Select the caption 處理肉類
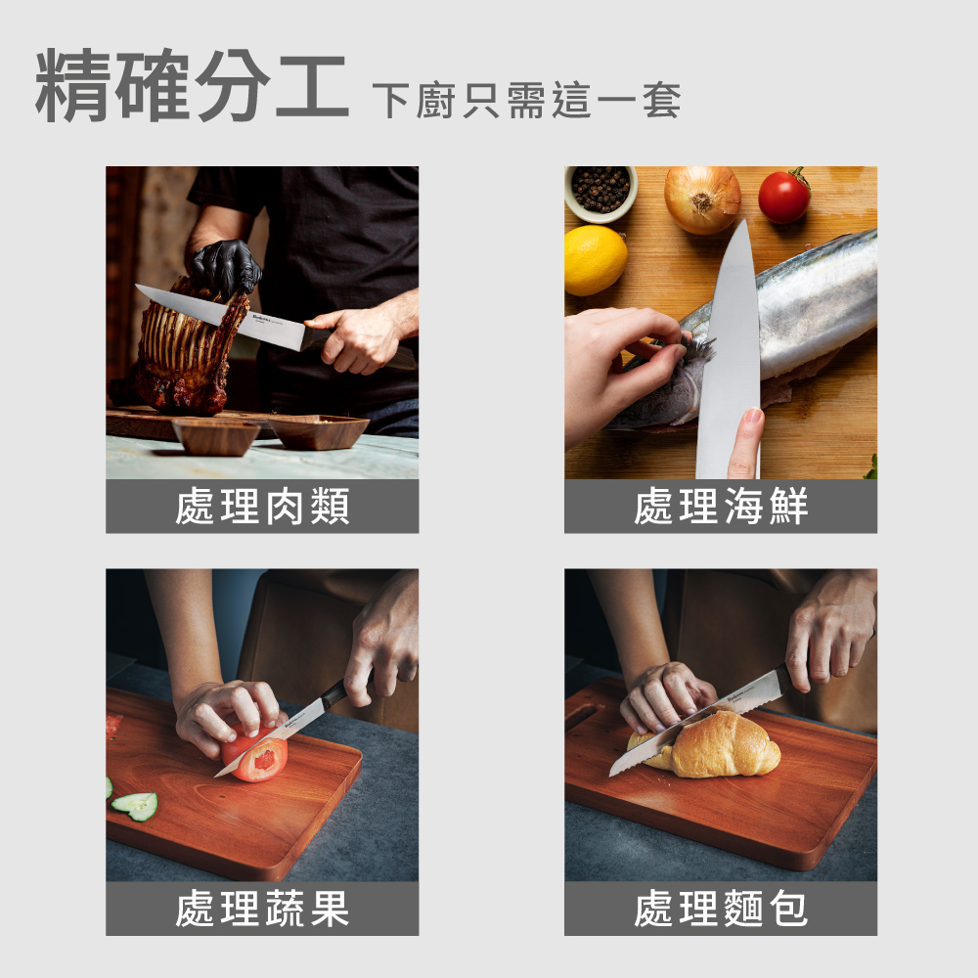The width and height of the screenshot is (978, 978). click(x=262, y=507)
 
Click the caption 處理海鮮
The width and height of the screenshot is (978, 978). click(x=721, y=507)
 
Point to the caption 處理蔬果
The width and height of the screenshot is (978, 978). click(x=262, y=910)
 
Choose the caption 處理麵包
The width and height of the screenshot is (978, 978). click(x=721, y=910)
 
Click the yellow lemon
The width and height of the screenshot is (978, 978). click(x=595, y=259)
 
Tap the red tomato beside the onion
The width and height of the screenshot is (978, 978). click(x=783, y=197)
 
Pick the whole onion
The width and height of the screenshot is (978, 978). click(x=702, y=199)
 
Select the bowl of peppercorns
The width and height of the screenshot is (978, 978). click(x=600, y=190)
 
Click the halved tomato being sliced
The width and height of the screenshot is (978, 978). click(x=256, y=756)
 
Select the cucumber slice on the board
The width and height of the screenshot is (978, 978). click(x=135, y=805)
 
